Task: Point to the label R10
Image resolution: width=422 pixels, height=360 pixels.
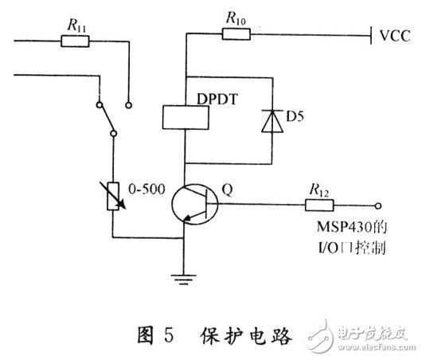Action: pyautogui.click(x=235, y=16)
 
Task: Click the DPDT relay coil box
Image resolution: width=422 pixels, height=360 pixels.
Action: pyautogui.click(x=185, y=116)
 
